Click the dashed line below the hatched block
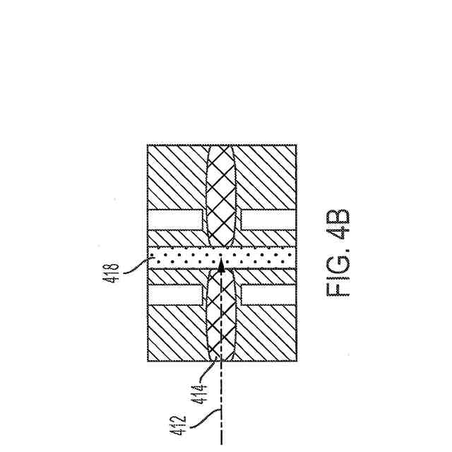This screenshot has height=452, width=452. (x=221, y=403)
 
